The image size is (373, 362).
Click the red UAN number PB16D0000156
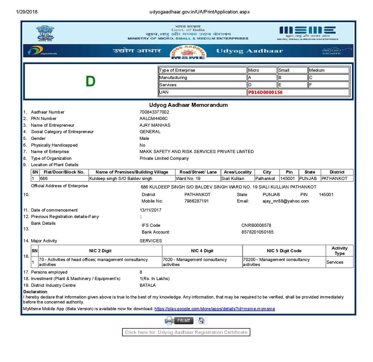(x=265, y=92)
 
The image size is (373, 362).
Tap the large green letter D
(x=90, y=81)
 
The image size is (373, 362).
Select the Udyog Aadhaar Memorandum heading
(x=188, y=105)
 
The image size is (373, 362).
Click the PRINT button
(x=184, y=320)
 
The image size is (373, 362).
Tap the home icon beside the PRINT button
(x=201, y=320)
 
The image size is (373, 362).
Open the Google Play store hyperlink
(x=215, y=309)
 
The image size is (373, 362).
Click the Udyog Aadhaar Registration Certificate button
(x=186, y=332)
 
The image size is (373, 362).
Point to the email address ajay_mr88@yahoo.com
(x=285, y=201)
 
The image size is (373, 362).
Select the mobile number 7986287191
(x=196, y=201)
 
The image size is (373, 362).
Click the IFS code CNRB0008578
(x=256, y=225)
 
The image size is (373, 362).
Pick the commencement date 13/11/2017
(x=150, y=210)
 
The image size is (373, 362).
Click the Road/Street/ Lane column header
(x=198, y=172)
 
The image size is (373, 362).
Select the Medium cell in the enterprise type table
(x=328, y=70)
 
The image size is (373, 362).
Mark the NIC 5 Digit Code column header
(x=284, y=251)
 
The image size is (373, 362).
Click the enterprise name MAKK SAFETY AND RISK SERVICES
(x=196, y=152)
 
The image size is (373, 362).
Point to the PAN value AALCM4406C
(x=153, y=119)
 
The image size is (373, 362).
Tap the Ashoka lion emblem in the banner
(x=45, y=33)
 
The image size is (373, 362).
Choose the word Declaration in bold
(x=35, y=292)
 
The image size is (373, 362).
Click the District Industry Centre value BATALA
(x=148, y=285)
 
